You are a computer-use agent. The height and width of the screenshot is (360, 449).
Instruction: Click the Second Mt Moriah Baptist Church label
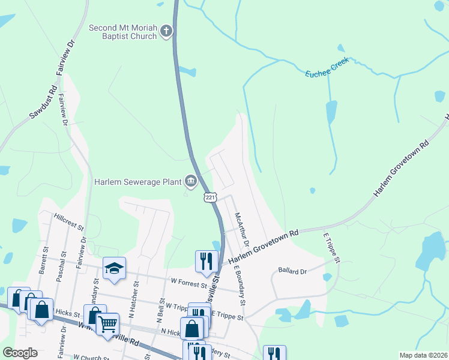point(123,32)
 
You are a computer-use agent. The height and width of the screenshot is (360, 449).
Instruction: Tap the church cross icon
point(167,31)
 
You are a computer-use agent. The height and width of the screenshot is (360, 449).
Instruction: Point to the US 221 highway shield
point(209,197)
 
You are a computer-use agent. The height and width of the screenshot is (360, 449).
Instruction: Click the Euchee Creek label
point(327,67)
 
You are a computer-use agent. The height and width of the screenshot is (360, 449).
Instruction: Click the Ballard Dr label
point(292,271)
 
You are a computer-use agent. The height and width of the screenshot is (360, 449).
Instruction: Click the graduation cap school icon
point(114,268)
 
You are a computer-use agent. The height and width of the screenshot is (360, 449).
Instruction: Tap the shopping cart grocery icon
point(107,324)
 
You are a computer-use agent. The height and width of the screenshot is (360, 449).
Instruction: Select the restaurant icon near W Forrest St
point(205,260)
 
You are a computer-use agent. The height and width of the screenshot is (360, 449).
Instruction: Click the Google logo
point(20,353)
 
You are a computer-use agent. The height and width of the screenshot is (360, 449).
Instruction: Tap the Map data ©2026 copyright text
point(423,355)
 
